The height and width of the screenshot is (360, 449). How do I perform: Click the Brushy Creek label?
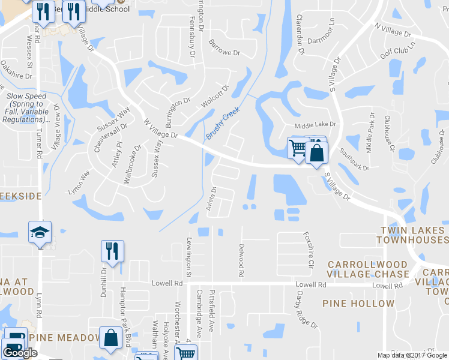click(223, 123)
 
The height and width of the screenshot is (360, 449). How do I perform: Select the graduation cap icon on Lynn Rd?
click(40, 232)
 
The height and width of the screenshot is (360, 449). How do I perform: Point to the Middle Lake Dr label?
click(315, 125)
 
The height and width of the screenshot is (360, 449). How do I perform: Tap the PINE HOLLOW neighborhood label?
click(358, 303)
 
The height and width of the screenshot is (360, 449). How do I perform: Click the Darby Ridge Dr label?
click(307, 310)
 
